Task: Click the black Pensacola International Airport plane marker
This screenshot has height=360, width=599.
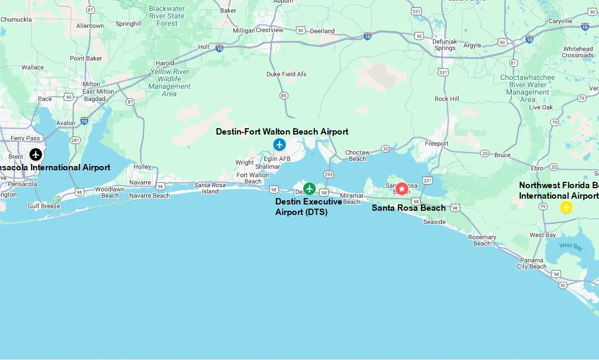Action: coord(36,155)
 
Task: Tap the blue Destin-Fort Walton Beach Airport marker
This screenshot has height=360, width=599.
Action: coord(280,144)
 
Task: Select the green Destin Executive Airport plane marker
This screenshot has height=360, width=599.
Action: coord(309,188)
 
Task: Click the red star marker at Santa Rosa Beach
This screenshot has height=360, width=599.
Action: coord(402,189)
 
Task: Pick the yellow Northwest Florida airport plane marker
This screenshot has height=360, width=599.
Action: coord(566,207)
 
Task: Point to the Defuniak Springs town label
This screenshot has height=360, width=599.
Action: coord(445,44)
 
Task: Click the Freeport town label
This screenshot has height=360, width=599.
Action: coord(437,143)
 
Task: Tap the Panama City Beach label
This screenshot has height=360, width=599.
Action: coord(532,263)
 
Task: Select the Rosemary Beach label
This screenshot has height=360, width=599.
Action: coord(482,240)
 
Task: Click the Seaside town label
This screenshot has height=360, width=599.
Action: coord(435,222)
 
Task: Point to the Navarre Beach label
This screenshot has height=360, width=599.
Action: coord(150,196)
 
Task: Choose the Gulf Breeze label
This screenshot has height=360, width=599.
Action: coord(44,206)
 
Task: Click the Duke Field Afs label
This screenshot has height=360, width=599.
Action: coord(286,74)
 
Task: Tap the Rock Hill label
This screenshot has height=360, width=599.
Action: coord(447,99)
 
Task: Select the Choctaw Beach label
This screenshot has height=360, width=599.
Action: coord(357,156)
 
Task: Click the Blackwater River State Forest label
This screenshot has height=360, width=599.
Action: coord(167,16)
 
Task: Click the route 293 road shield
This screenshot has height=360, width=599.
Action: coord(329,174)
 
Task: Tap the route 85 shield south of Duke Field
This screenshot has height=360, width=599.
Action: coord(284,95)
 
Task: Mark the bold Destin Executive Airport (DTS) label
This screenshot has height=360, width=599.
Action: coord(308,207)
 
